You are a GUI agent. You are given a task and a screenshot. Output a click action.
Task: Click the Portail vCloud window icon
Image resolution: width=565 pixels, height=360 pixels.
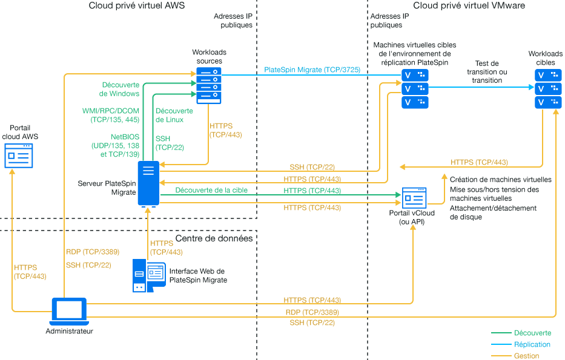[415, 197]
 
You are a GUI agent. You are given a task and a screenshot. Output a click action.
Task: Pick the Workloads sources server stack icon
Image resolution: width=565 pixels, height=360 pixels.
[209, 85]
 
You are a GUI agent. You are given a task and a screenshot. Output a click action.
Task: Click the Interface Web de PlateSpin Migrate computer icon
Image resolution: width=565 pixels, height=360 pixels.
[149, 275]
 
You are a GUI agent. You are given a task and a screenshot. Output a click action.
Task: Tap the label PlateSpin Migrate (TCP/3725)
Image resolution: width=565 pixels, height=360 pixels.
[312, 70]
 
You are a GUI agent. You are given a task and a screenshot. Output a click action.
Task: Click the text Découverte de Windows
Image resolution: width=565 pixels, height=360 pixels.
[121, 89]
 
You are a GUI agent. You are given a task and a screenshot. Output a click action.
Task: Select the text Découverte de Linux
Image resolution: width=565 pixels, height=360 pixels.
[174, 115]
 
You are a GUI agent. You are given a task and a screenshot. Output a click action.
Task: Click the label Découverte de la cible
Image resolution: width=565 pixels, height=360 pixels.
[211, 191]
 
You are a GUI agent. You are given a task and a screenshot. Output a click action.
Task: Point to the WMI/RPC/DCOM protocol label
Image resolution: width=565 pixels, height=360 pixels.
[111, 116]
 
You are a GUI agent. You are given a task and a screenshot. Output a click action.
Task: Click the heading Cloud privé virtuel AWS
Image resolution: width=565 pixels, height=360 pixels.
[136, 6]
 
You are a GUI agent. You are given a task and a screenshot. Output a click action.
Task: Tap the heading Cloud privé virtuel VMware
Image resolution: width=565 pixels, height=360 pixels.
[469, 6]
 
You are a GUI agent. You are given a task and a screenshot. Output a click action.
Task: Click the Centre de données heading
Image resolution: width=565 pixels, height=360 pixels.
[214, 238]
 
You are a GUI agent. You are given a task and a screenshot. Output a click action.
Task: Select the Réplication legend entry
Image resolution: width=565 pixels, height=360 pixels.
[532, 344]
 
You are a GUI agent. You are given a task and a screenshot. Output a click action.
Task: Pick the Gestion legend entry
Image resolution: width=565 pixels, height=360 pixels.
[526, 356]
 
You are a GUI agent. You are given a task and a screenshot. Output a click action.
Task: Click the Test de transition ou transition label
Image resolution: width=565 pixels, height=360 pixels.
[486, 71]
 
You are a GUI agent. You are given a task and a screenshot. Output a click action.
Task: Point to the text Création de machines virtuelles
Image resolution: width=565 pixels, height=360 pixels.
[500, 180]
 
